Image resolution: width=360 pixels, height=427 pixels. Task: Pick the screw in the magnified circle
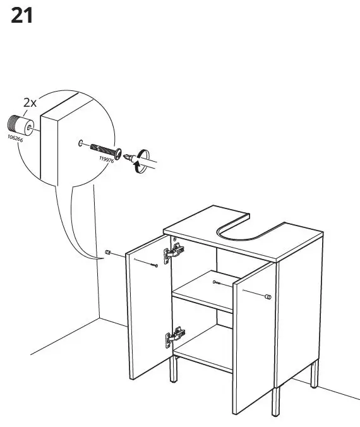(106, 151)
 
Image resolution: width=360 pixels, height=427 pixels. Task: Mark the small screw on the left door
(155, 265)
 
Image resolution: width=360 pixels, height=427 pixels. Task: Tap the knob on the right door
(268, 297)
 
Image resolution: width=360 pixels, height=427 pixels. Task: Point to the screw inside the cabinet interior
(217, 282)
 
